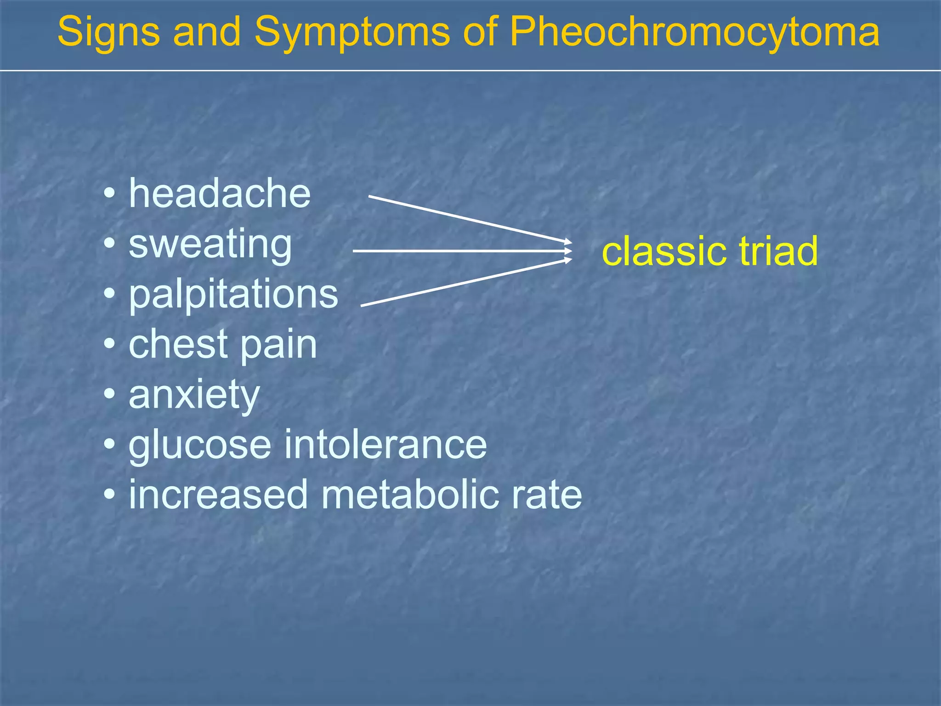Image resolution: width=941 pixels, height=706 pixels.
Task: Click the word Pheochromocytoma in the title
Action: (x=694, y=32)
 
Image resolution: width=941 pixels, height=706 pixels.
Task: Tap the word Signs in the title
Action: (x=108, y=32)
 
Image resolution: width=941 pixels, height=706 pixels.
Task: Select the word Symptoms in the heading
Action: (x=352, y=32)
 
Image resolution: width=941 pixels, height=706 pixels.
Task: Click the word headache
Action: (x=220, y=194)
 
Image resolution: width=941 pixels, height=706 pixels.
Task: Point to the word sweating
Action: (x=210, y=245)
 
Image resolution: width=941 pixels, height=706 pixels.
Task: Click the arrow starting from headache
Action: (x=469, y=218)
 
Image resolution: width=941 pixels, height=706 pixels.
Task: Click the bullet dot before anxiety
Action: (x=109, y=394)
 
